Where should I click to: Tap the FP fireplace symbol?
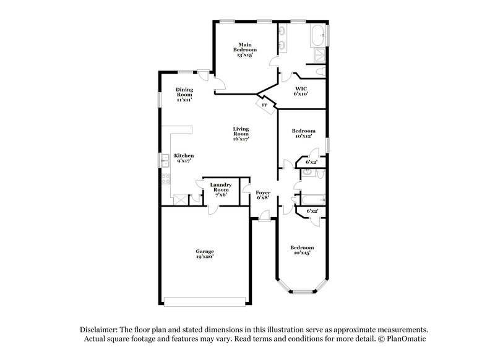click(265, 106)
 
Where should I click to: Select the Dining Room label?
click(184, 94)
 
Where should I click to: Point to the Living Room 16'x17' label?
click(241, 134)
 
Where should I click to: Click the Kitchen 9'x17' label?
click(184, 158)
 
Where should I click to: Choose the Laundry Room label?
click(220, 188)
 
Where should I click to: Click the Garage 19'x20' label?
click(205, 254)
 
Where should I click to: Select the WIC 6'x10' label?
click(301, 92)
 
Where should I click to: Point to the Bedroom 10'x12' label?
click(304, 134)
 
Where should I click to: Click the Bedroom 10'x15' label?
click(303, 250)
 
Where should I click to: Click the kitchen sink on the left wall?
click(165, 161)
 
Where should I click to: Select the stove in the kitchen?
click(166, 180)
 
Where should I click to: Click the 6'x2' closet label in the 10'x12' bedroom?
click(311, 163)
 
